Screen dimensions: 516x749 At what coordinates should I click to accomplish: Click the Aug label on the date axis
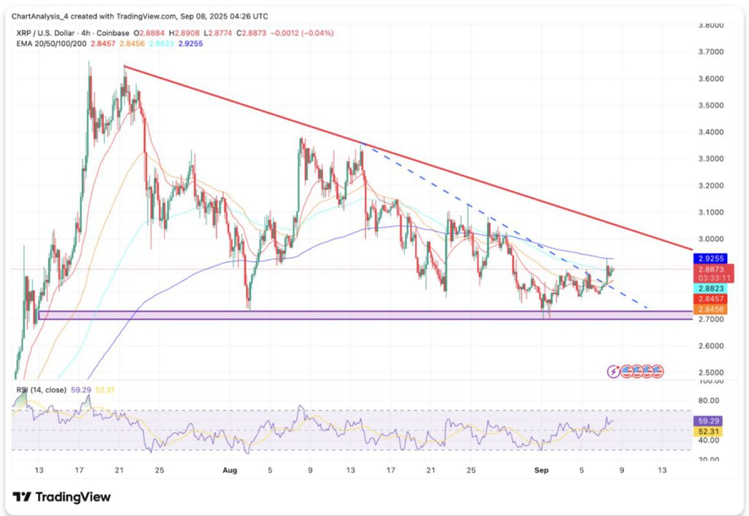click(x=230, y=471)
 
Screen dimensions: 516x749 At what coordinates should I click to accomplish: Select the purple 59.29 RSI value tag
click(x=707, y=421)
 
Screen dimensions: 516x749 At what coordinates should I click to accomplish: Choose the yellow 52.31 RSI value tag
click(x=707, y=431)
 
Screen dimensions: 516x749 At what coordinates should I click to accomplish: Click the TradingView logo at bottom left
click(x=63, y=497)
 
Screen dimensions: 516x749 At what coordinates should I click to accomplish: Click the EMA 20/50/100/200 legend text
click(x=52, y=44)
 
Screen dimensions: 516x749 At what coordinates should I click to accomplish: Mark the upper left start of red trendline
click(x=125, y=67)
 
